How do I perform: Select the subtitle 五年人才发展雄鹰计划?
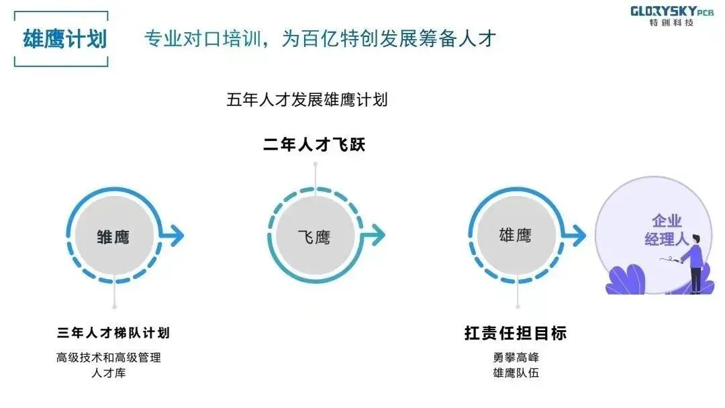pos(307,100)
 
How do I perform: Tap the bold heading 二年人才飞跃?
pos(314,144)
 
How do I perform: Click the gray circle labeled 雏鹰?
pos(113,236)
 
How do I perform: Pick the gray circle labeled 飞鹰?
pos(314,236)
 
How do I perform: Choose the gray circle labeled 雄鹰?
pos(515,235)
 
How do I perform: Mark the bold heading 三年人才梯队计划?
pos(113,333)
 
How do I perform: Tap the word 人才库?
pos(109,373)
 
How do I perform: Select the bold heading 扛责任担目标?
pos(516,333)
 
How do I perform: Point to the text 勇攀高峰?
pos(516,358)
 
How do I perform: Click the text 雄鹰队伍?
pos(516,373)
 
